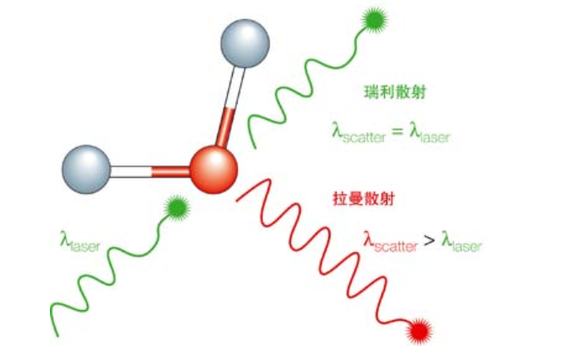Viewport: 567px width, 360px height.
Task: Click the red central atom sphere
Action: (214, 169)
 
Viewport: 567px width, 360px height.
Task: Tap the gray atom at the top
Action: (245, 43)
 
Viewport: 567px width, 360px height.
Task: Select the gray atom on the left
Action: (86, 169)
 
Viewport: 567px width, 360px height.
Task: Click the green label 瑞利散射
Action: (395, 92)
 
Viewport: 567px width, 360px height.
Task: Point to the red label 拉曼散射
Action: (363, 199)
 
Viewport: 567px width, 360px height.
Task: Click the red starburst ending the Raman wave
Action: (420, 331)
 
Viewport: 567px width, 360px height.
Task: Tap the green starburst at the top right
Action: (375, 19)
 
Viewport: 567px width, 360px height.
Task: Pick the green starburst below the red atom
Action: (177, 208)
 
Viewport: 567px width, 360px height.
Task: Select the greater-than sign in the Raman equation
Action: (429, 240)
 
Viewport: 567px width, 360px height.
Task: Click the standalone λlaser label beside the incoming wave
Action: (80, 241)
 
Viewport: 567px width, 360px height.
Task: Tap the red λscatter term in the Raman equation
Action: (391, 241)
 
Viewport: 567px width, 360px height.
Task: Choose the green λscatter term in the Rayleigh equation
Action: (358, 132)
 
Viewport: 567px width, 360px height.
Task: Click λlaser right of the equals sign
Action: (430, 132)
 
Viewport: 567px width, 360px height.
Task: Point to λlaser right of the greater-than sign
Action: (461, 241)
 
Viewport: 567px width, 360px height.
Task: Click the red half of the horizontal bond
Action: (170, 172)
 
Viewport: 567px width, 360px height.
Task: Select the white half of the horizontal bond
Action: (131, 172)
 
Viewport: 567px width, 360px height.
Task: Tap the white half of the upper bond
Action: (235, 87)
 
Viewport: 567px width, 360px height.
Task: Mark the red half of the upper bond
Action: (225, 127)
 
